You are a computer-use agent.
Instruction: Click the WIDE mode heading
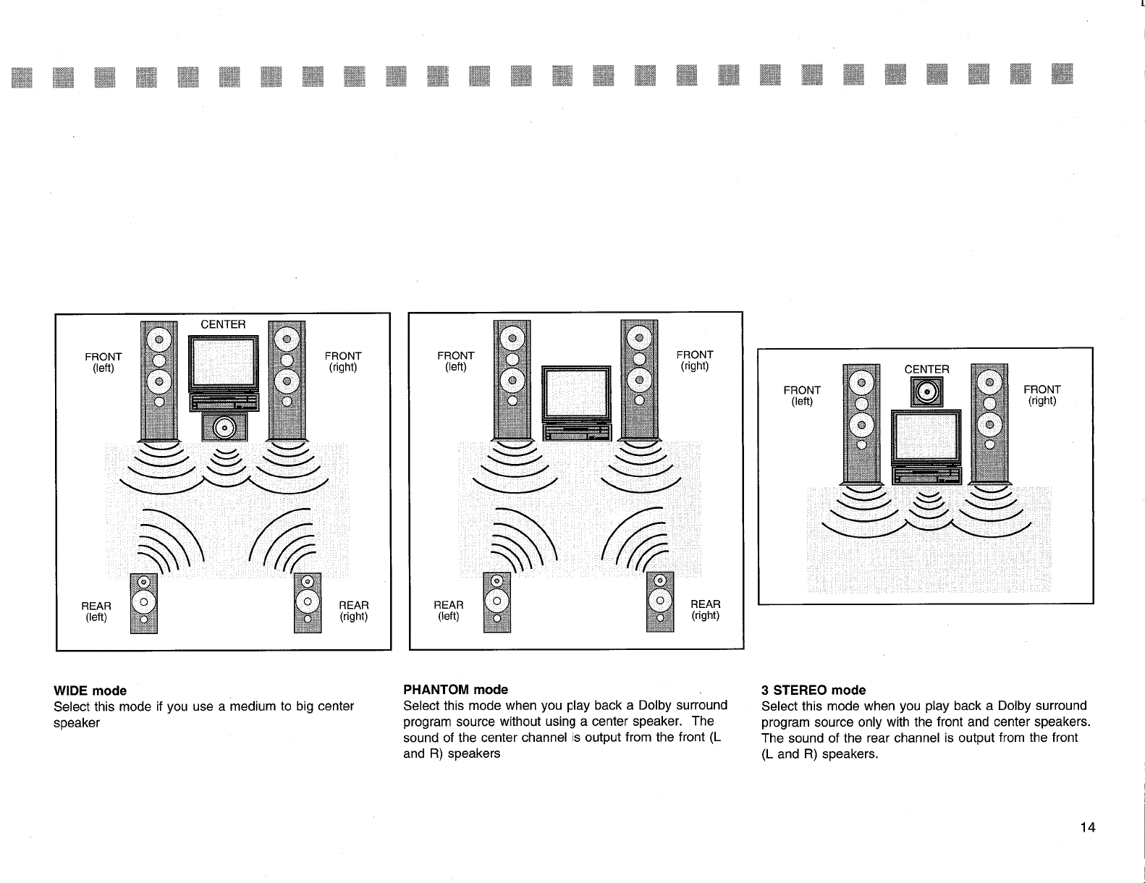[90, 690]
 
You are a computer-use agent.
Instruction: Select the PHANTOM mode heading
[455, 689]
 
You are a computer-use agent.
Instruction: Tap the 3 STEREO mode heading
[813, 690]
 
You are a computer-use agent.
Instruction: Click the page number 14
[1088, 828]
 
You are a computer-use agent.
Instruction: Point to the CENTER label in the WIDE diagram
[223, 324]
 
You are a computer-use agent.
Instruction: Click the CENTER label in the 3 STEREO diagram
[926, 369]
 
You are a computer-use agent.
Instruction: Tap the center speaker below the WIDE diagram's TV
[224, 426]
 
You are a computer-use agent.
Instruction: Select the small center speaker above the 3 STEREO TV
[926, 393]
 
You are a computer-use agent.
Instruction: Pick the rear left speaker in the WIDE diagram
[143, 603]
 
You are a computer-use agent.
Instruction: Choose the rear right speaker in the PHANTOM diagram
[659, 601]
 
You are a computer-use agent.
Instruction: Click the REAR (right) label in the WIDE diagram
[354, 611]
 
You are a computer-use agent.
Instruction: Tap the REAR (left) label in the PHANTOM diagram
[449, 610]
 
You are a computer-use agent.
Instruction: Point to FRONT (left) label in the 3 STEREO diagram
[802, 395]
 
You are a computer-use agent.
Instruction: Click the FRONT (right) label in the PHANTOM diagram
[694, 360]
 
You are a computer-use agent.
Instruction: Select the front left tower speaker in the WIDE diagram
[159, 380]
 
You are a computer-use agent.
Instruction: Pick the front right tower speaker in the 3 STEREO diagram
[989, 423]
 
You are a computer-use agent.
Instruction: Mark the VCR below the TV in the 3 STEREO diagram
[926, 475]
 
